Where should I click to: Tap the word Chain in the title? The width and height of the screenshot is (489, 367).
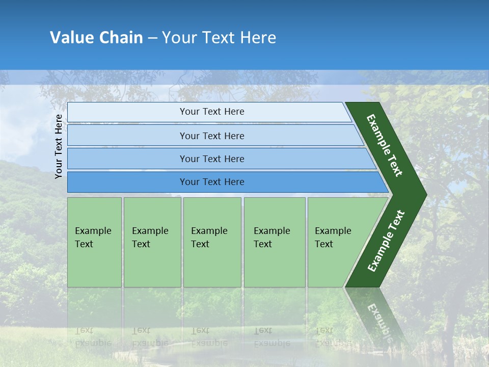121,38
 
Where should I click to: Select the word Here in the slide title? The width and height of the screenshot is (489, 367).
258,38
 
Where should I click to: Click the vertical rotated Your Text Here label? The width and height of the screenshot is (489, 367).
59,146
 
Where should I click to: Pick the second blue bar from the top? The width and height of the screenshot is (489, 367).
211,136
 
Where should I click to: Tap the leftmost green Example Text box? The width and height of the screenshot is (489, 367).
94,242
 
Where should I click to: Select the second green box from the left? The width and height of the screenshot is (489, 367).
152,242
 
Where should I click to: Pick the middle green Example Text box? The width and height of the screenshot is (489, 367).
212,242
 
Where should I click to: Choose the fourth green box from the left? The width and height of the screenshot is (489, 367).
274,242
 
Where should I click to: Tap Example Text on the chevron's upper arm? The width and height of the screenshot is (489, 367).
385,145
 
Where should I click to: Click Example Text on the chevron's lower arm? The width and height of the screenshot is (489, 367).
386,241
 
